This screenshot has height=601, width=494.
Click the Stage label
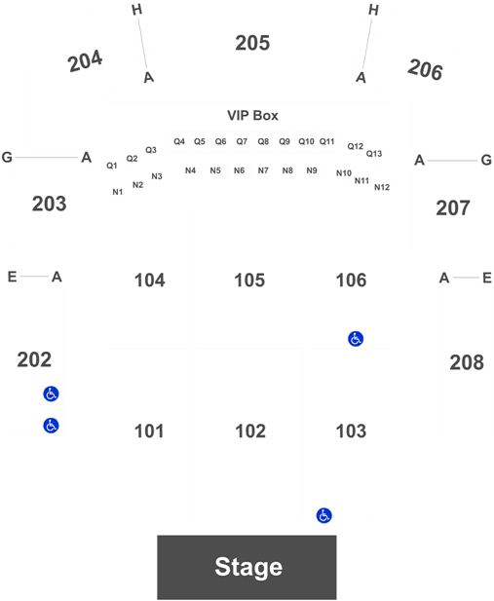coord(248,567)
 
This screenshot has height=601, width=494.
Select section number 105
coord(249,281)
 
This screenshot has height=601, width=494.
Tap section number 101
coord(149,432)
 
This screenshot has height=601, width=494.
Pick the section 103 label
coord(351,432)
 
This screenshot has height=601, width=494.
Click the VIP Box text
coord(252,115)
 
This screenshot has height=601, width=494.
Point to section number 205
coord(252,43)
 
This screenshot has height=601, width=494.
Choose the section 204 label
coord(85,61)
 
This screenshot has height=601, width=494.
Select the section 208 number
coord(467,362)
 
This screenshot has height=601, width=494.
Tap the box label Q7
coord(242,142)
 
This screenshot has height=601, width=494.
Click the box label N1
coord(118,192)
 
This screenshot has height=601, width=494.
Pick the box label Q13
coord(374,154)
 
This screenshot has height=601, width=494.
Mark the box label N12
coord(382,187)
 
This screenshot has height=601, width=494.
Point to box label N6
coord(240,170)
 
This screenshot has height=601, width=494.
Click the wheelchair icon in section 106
coord(356,339)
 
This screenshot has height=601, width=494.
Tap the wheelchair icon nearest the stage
coord(324,515)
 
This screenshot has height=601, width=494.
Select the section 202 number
coord(34,359)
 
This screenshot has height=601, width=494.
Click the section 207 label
coord(453,208)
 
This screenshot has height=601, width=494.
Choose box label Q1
coord(112,166)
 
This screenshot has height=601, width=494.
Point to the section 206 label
coord(425,70)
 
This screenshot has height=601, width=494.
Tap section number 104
coord(150,281)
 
